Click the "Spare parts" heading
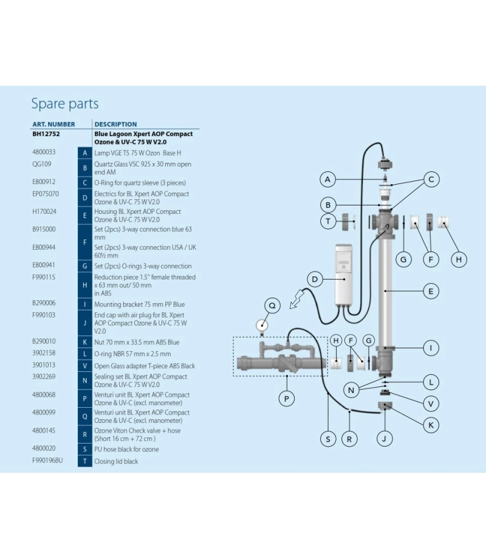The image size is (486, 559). pos(64,104)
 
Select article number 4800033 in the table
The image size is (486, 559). pos(44,152)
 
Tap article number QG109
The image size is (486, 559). pos(41,164)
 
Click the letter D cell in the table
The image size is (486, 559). pos(85,198)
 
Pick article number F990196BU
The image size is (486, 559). pos(47,461)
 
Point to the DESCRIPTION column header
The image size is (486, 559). pos(115,124)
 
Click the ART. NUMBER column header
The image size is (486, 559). pos(53,124)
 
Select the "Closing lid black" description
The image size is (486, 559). pos(116,462)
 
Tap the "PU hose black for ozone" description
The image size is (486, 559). pos(126,450)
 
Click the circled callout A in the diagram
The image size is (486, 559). pos(328,179)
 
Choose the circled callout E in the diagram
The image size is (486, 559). pos(430,291)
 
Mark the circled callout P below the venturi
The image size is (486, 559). pos(286,399)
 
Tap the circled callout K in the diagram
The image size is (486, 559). pos(430,425)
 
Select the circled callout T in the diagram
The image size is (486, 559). pos(328,221)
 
